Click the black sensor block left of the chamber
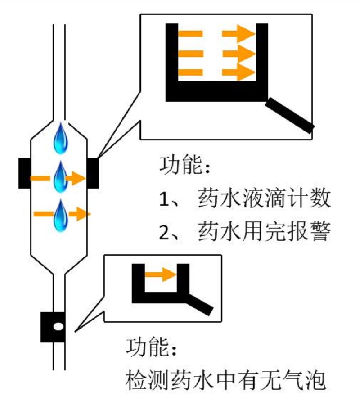[24, 173]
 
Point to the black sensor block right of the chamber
[93, 173]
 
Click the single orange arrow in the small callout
[160, 274]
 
